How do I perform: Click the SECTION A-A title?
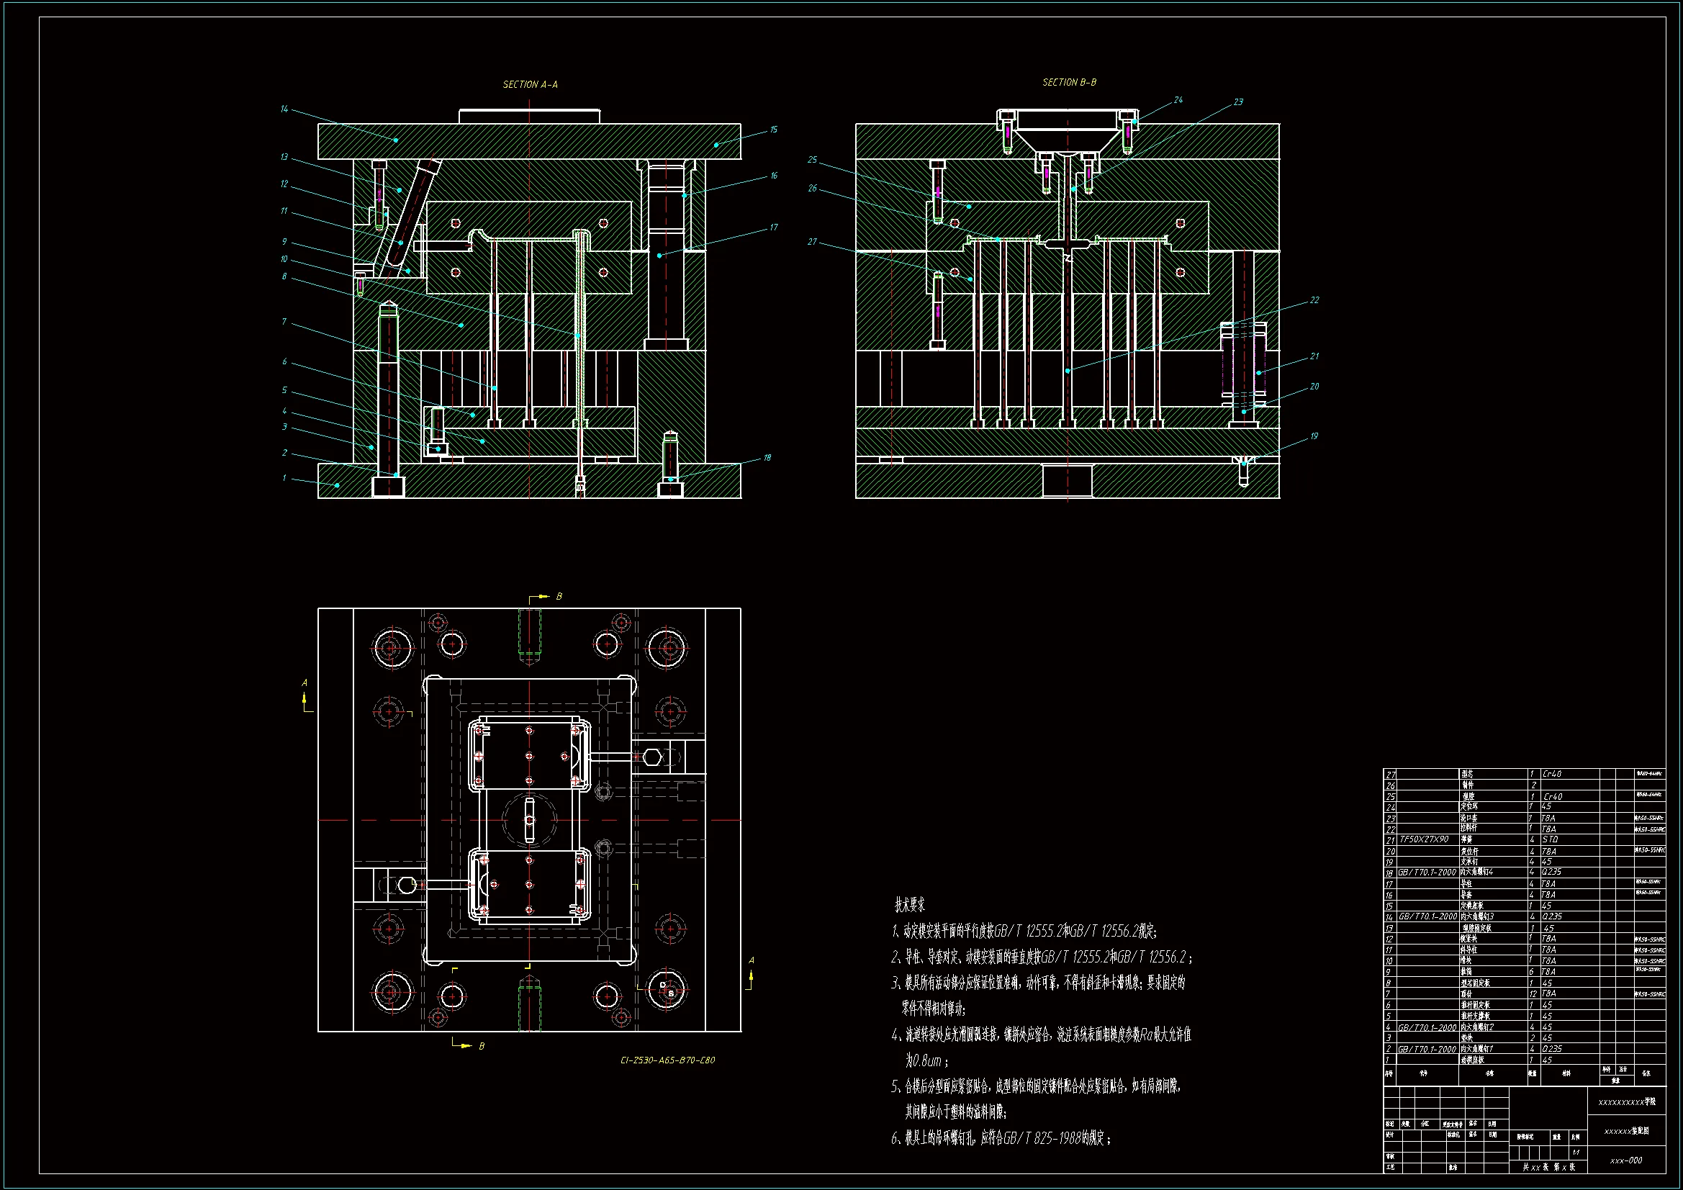coord(530,84)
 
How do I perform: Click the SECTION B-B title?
coord(1070,82)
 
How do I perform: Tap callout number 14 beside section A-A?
coord(284,109)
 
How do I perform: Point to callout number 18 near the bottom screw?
coord(767,458)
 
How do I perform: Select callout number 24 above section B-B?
coord(1178,100)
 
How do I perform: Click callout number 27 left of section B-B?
coord(812,242)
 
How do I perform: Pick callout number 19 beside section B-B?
coord(1314,436)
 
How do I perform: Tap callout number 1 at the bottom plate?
coord(284,478)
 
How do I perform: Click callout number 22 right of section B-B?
coord(1314,300)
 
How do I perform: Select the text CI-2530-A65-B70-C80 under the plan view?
coord(667,1060)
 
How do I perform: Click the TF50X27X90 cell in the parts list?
coord(1425,839)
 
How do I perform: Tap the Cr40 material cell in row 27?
coord(1552,774)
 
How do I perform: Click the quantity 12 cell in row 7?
coord(1533,993)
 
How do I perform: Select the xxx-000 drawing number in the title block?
coord(1626,1160)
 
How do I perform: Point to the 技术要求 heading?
coord(910,906)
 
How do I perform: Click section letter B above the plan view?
coord(559,597)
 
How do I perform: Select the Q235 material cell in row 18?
coord(1551,873)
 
